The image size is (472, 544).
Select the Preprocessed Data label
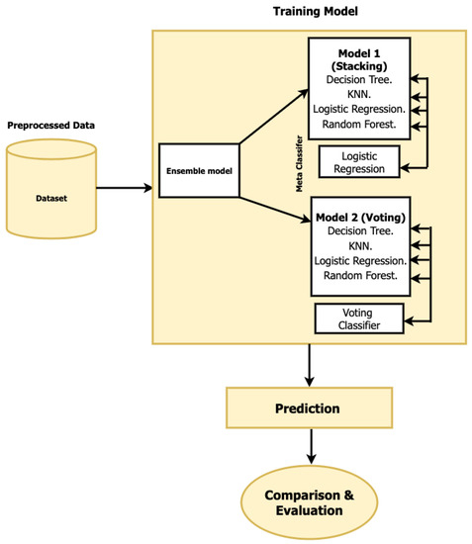pyautogui.click(x=52, y=126)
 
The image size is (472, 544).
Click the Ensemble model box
pyautogui.click(x=199, y=169)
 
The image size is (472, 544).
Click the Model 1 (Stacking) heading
pyautogui.click(x=358, y=60)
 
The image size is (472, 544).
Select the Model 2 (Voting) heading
pyautogui.click(x=360, y=215)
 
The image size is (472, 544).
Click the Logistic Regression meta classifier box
pyautogui.click(x=357, y=160)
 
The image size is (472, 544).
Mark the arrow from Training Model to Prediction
pyautogui.click(x=312, y=365)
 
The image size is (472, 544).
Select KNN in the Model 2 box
pyautogui.click(x=359, y=244)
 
